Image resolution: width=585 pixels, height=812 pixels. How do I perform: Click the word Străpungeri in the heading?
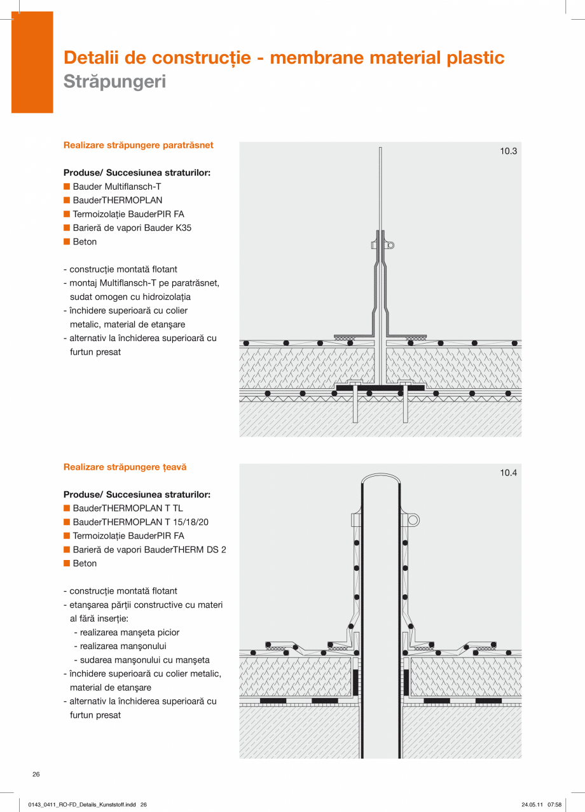[114, 82]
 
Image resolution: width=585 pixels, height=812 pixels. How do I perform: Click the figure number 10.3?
[508, 151]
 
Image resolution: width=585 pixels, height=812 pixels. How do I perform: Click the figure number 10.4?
[508, 473]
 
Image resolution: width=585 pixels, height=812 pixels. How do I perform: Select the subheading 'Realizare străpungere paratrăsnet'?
[138, 145]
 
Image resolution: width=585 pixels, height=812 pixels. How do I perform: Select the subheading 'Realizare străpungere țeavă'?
[125, 467]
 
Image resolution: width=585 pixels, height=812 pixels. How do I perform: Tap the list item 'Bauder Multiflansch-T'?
[117, 187]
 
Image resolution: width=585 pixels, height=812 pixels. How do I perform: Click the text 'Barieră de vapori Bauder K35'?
[132, 228]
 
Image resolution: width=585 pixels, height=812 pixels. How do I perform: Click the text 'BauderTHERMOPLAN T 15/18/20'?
[141, 522]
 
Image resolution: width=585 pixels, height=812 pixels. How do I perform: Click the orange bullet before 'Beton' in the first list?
[66, 242]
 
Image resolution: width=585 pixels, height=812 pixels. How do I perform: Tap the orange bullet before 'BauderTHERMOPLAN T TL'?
[66, 508]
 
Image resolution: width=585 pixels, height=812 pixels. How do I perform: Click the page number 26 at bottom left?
[36, 774]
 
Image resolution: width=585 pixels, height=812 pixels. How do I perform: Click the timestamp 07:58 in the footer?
[554, 805]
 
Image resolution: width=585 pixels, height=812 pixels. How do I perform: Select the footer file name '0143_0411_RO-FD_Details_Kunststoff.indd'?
[82, 805]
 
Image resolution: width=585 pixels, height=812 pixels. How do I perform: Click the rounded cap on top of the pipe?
[380, 477]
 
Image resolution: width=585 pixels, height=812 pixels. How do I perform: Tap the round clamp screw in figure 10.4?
[413, 520]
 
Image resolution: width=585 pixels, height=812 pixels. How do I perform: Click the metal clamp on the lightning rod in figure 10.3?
[381, 245]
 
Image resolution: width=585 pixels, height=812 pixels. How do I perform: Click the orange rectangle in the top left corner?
[32, 62]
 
